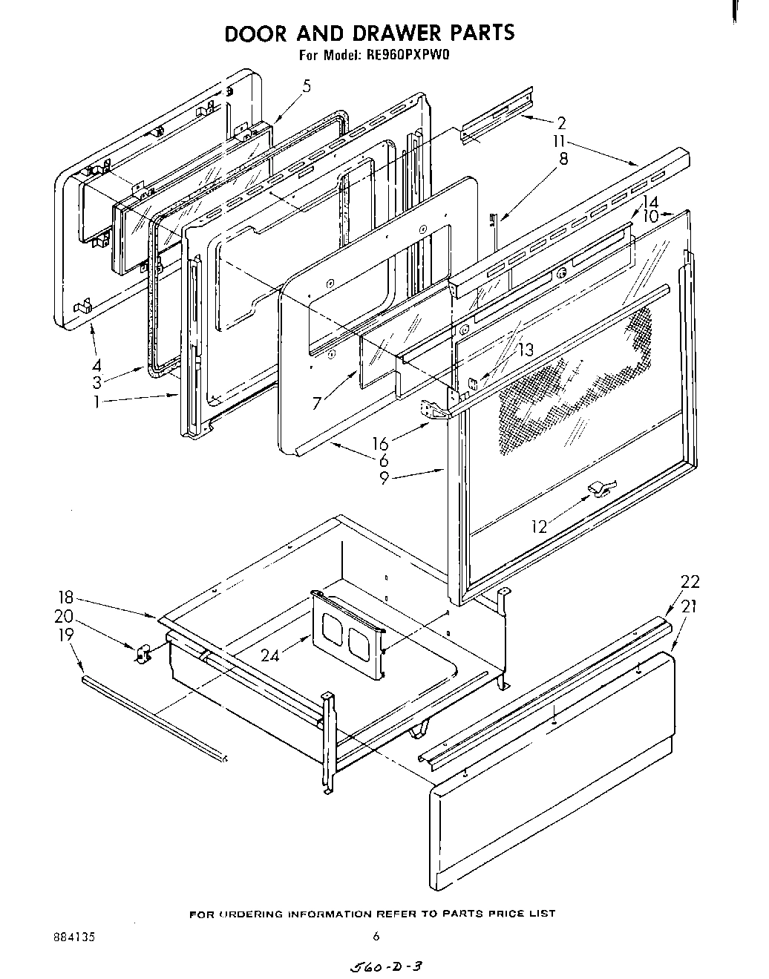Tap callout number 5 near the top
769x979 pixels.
pyautogui.click(x=306, y=85)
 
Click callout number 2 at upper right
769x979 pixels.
pyautogui.click(x=561, y=123)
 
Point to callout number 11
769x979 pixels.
pyautogui.click(x=558, y=141)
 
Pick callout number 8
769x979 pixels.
pyautogui.click(x=563, y=158)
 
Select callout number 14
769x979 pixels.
pyautogui.click(x=650, y=202)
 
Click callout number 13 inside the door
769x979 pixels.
pyautogui.click(x=526, y=350)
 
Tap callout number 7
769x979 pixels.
pyautogui.click(x=318, y=403)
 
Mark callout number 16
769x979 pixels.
pyautogui.click(x=380, y=444)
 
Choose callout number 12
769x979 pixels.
pyautogui.click(x=540, y=527)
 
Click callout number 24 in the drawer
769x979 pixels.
pyautogui.click(x=271, y=655)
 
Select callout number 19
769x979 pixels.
pyautogui.click(x=66, y=635)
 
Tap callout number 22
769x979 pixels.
pyautogui.click(x=690, y=581)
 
